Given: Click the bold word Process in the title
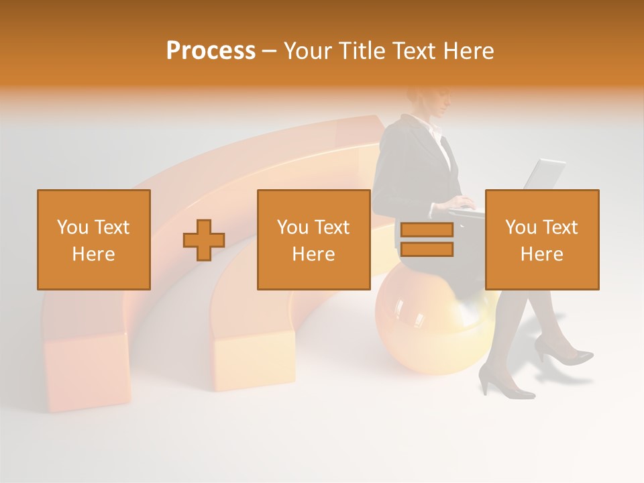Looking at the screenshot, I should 211,51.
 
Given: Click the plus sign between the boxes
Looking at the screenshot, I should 204,239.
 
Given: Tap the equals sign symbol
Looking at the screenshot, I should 427,239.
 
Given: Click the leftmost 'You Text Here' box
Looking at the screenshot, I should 94,239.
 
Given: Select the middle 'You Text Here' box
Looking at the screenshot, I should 314,239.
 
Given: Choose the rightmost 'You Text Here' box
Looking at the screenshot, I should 542,239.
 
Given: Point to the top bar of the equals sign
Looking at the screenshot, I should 427,230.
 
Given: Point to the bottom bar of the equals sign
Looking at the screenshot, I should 427,250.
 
